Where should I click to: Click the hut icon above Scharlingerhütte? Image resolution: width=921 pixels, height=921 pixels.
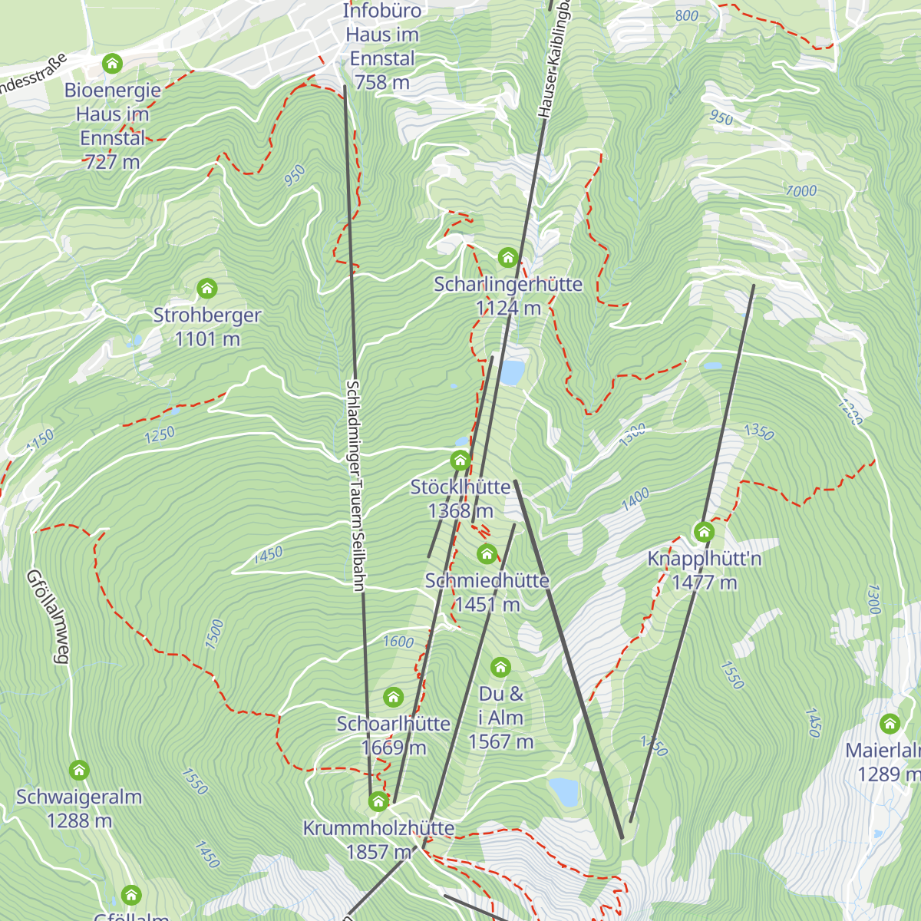507,257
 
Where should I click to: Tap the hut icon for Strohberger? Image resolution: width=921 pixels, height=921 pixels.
206,289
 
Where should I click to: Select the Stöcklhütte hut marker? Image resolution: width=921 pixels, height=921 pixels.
460,460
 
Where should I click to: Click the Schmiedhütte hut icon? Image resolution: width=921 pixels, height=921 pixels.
487,553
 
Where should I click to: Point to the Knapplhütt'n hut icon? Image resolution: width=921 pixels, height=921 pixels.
704,531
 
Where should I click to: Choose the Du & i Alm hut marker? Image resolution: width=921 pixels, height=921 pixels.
500,667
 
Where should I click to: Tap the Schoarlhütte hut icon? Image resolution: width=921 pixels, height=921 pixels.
393,697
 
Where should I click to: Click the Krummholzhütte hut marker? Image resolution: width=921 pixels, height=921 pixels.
378,802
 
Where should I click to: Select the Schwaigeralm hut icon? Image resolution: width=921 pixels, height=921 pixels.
79,770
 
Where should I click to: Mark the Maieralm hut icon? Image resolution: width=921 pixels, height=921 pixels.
890,724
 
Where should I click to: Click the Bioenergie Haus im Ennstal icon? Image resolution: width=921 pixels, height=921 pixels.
113,63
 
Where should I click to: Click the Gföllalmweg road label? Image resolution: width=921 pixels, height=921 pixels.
48,616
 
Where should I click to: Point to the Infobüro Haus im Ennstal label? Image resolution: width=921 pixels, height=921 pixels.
381,46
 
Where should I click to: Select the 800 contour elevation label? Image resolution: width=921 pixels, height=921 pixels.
687,16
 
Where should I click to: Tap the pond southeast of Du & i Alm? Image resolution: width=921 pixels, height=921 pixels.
564,791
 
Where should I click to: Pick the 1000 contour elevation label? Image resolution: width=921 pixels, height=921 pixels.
801,190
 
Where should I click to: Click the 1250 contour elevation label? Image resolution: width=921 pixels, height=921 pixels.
160,435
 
